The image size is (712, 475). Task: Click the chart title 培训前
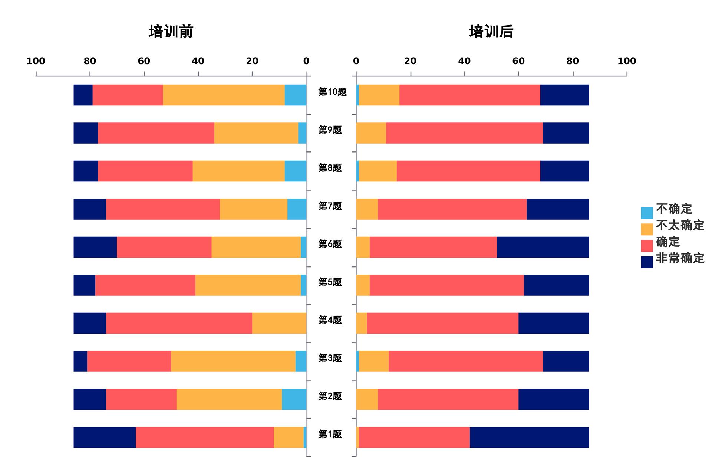click(x=171, y=32)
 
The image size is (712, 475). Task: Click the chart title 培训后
click(x=491, y=32)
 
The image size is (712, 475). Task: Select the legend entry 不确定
click(x=674, y=209)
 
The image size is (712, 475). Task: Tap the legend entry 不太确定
click(x=680, y=225)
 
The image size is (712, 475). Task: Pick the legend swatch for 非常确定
click(x=647, y=262)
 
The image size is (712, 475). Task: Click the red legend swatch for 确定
click(x=647, y=246)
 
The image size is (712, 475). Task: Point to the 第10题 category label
click(x=332, y=92)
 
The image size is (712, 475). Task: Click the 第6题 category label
click(x=330, y=244)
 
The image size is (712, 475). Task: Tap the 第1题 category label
click(x=330, y=434)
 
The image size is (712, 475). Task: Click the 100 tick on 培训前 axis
click(x=36, y=61)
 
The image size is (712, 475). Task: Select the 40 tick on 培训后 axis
click(x=464, y=61)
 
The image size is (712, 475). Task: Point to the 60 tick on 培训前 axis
click(x=144, y=61)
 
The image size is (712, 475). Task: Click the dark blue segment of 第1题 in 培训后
click(x=529, y=437)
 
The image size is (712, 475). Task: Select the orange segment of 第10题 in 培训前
click(x=224, y=95)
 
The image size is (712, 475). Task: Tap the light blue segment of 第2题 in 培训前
click(x=294, y=399)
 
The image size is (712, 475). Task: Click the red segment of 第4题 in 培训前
click(x=179, y=323)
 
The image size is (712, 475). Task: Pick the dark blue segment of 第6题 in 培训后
click(x=543, y=247)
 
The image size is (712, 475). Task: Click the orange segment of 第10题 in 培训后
click(x=379, y=95)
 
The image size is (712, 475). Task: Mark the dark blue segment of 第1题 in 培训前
click(x=105, y=437)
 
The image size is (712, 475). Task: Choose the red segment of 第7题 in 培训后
click(x=452, y=209)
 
